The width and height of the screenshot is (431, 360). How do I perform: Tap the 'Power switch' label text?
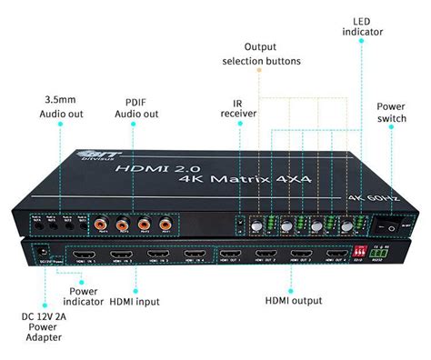coord(391,113)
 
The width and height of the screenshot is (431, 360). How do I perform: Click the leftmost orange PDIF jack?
coord(99,222)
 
